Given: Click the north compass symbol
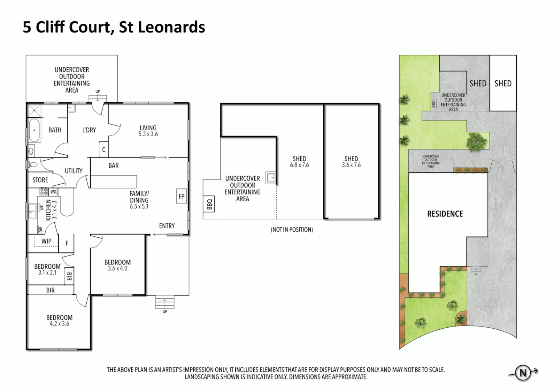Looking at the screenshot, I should point(523,373).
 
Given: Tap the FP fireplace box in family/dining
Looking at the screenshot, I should point(181,196).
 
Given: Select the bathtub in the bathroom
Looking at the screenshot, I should point(34,130).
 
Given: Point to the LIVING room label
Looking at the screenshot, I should point(148,128).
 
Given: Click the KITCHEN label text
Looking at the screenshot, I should point(48,210).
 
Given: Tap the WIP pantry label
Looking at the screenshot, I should point(46,241).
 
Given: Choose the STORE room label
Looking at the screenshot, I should point(40,180).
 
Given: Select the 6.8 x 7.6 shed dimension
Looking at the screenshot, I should point(299,165).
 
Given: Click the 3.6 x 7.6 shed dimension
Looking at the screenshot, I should point(351,165).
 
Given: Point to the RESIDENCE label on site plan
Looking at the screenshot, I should point(445,214).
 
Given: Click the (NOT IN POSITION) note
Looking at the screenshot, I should point(292,230).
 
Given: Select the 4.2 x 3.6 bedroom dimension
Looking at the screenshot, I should point(59,324).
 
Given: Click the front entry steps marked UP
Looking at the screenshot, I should point(165,302).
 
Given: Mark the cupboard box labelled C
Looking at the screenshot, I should point(104,150).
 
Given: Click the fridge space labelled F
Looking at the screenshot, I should point(67,244).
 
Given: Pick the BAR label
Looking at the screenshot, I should point(113,165).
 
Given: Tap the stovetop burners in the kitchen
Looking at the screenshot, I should point(44,191).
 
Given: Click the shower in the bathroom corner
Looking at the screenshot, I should point(34,110).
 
